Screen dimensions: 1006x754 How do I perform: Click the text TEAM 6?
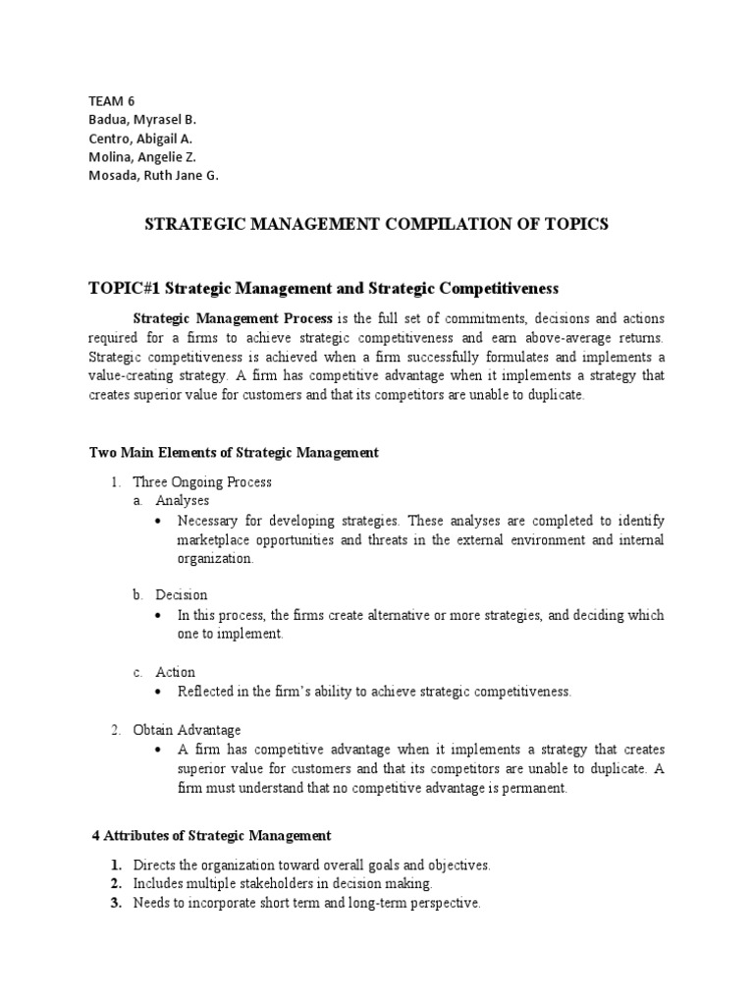[x=111, y=100]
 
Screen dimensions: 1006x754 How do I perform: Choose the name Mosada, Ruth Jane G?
[x=153, y=176]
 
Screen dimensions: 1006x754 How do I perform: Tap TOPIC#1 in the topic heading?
[x=125, y=288]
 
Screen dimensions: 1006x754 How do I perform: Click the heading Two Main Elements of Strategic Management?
[x=234, y=452]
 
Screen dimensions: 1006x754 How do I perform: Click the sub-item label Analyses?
[x=183, y=501]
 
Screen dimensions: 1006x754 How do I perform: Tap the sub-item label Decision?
[x=182, y=595]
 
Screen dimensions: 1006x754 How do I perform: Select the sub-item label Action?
[x=176, y=672]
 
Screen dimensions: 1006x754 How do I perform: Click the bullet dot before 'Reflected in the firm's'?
[x=161, y=692]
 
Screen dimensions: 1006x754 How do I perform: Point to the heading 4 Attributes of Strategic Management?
[x=211, y=835]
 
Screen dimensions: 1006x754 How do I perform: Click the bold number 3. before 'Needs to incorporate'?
[x=116, y=903]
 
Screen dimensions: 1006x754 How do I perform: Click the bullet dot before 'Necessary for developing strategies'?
[x=161, y=521]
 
